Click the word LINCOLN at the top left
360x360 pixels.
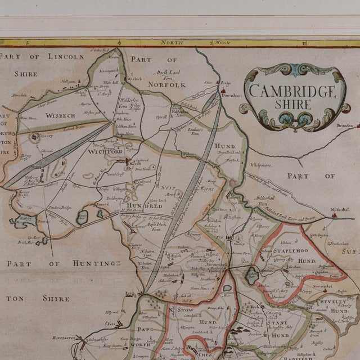click(62, 56)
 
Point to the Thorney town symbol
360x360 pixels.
click(35, 136)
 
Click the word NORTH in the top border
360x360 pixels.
click(172, 43)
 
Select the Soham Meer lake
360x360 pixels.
click(253, 274)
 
